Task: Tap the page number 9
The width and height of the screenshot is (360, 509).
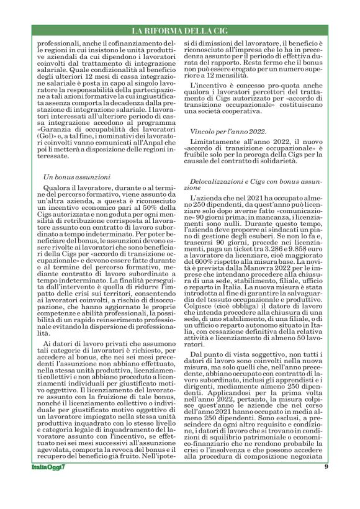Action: pyautogui.click(x=326, y=484)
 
